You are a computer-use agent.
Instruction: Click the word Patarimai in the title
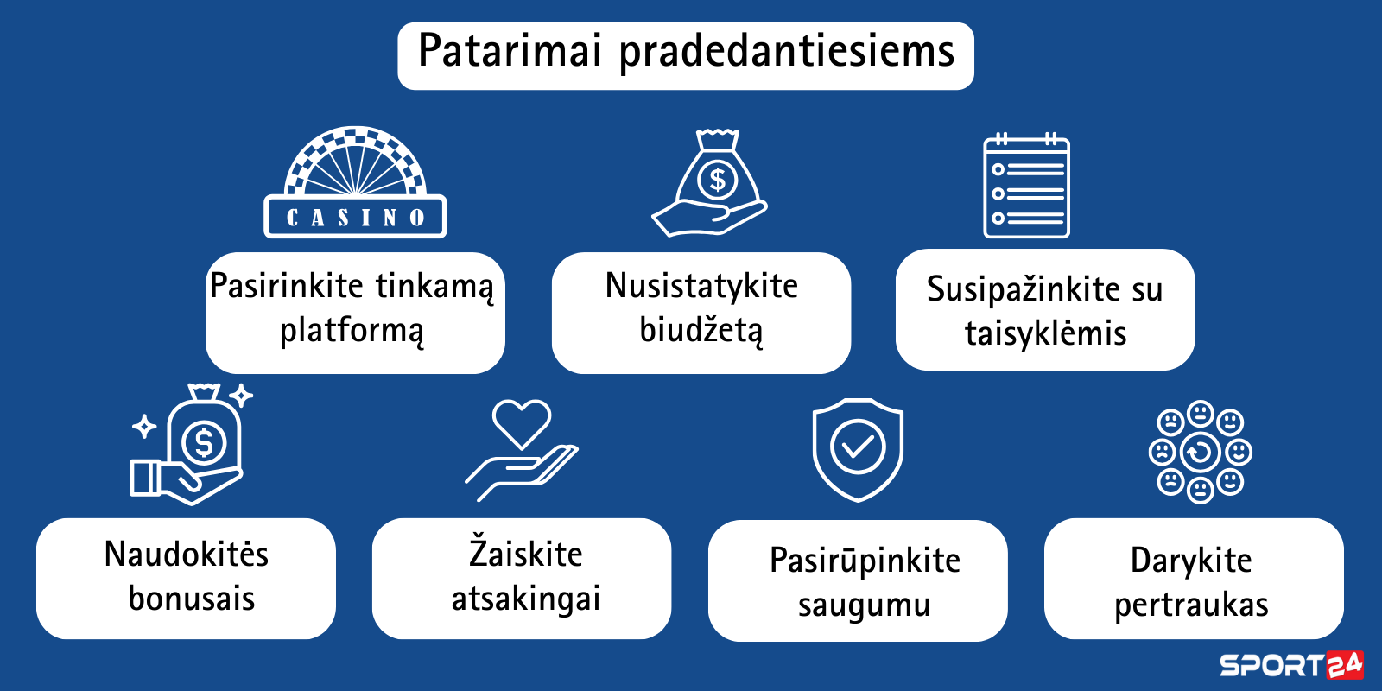(510, 51)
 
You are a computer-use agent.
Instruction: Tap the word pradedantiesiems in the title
(787, 53)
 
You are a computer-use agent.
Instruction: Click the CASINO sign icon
(355, 182)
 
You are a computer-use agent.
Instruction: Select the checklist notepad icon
(1027, 185)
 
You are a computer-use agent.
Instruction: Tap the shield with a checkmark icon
(859, 450)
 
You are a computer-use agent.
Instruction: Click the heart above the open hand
(522, 424)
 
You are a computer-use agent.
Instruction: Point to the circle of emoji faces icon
(1200, 452)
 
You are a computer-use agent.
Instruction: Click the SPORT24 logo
(1291, 665)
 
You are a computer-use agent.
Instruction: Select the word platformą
(352, 331)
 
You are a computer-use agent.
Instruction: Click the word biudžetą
(701, 329)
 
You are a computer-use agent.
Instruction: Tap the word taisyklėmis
(1046, 333)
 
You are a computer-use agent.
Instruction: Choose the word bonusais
(191, 599)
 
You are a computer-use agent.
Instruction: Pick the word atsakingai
(526, 599)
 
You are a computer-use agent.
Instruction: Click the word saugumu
(864, 605)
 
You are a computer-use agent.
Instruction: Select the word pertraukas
(1191, 605)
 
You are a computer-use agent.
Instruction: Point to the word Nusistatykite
(701, 286)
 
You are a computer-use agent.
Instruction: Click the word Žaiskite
(526, 552)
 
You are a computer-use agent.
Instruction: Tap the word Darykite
(1191, 561)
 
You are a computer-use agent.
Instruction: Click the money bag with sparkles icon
(192, 444)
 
